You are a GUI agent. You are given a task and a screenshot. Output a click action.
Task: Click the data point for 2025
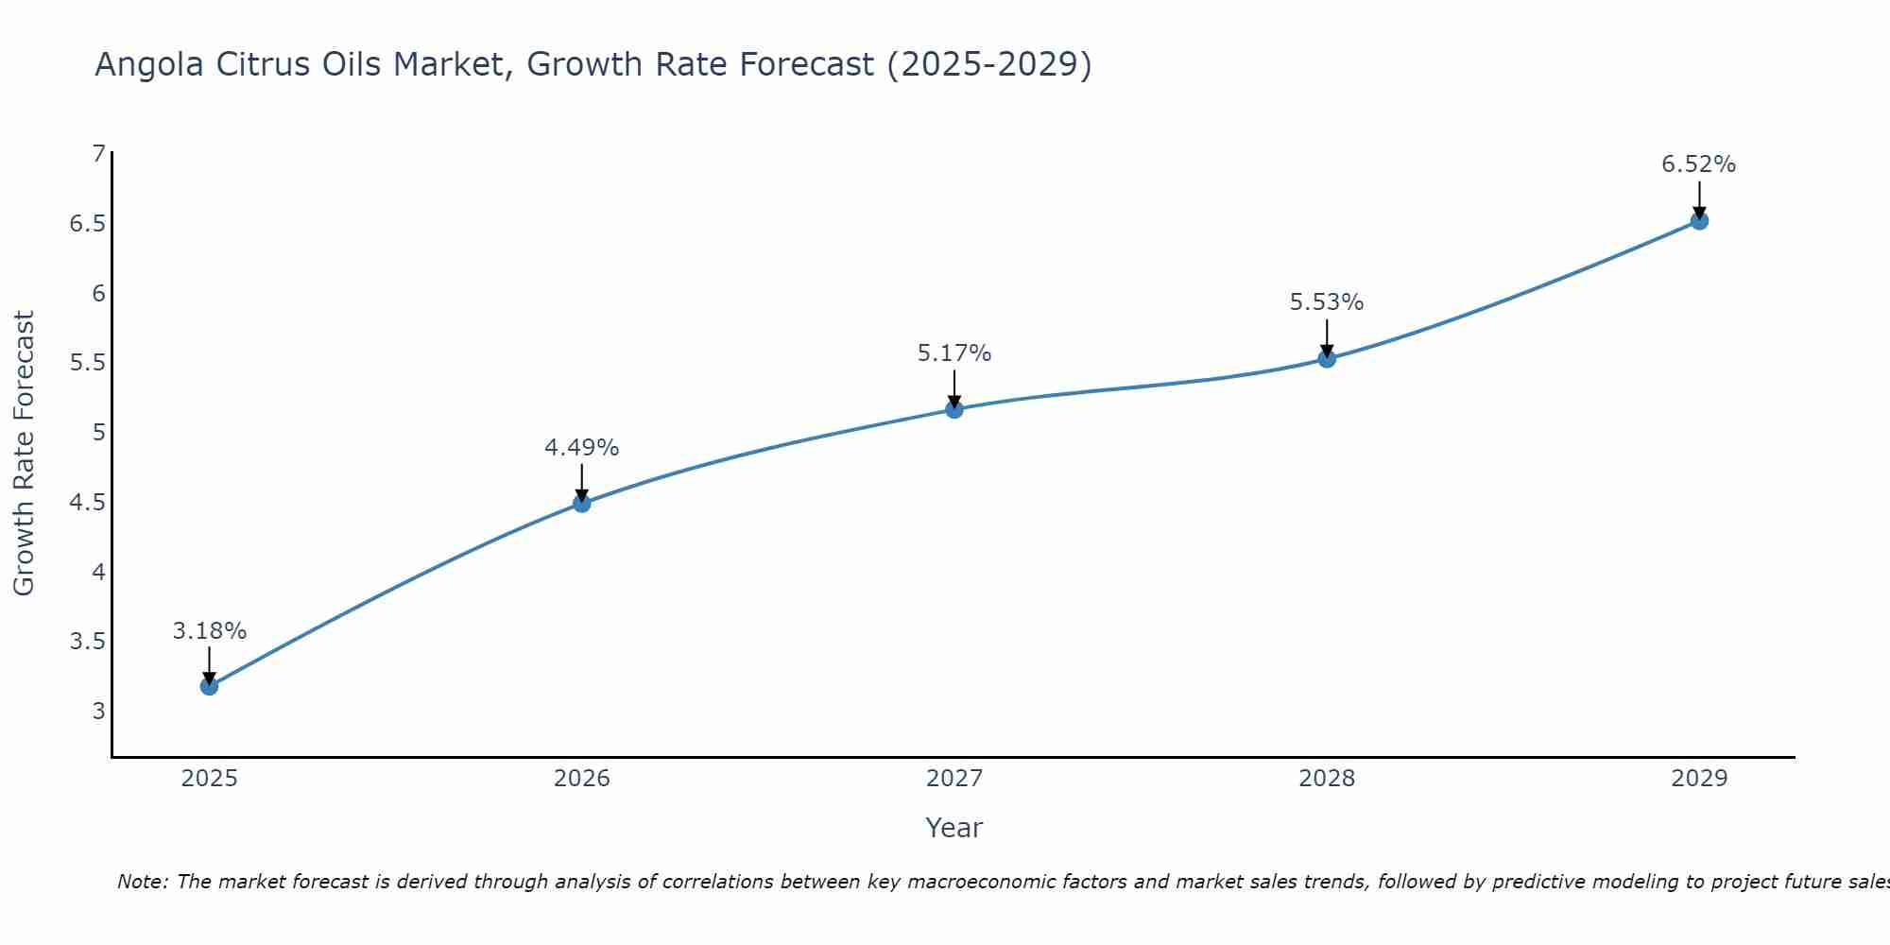pos(209,686)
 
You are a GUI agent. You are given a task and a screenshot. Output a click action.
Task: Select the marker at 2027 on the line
pos(954,409)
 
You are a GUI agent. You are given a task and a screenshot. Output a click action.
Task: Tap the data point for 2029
pos(1699,221)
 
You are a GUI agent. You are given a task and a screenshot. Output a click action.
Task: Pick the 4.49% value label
pos(581,448)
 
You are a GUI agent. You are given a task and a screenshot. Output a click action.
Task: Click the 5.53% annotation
pos(1327,302)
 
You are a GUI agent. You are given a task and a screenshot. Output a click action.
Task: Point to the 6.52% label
pos(1699,164)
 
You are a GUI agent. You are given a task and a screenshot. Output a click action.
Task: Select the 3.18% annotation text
pos(209,631)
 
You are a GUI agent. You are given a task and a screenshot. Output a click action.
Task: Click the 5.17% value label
pos(954,353)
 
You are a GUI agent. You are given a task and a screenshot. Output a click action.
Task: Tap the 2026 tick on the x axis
pos(581,779)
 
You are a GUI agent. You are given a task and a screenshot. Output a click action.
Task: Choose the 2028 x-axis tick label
pos(1327,779)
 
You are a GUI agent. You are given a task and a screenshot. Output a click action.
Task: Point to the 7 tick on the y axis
pos(98,153)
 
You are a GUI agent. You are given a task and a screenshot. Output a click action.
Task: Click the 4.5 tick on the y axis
pos(88,502)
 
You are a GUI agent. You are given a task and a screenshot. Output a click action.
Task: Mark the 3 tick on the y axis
pos(98,711)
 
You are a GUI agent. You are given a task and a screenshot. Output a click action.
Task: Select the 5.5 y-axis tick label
pos(88,363)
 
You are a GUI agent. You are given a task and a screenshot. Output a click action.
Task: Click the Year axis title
pos(954,828)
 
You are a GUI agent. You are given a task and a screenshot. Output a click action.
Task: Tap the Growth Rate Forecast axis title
pos(24,454)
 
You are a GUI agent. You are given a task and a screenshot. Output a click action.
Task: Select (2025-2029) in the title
pos(989,64)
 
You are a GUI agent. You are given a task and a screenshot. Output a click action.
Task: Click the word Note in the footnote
pos(142,882)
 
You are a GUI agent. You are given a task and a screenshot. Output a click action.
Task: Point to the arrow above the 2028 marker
pos(1327,337)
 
